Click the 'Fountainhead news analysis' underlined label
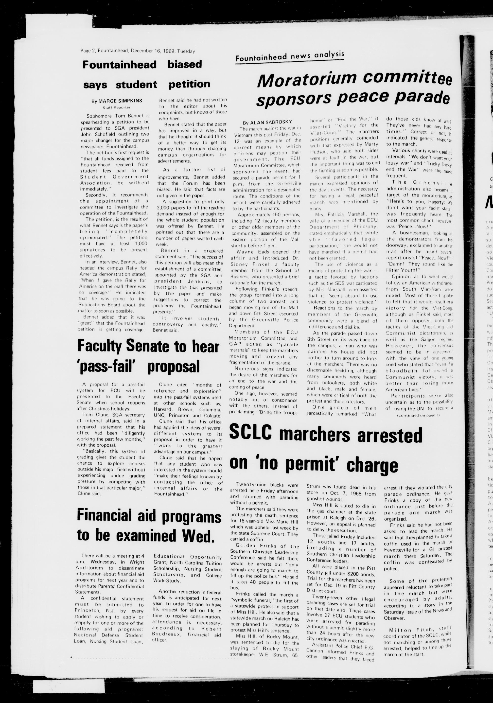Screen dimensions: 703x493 point(290,56)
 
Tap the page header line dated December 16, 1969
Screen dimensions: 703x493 point(138,51)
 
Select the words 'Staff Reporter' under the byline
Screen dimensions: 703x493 point(116,107)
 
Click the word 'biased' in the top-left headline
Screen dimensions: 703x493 point(185,64)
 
